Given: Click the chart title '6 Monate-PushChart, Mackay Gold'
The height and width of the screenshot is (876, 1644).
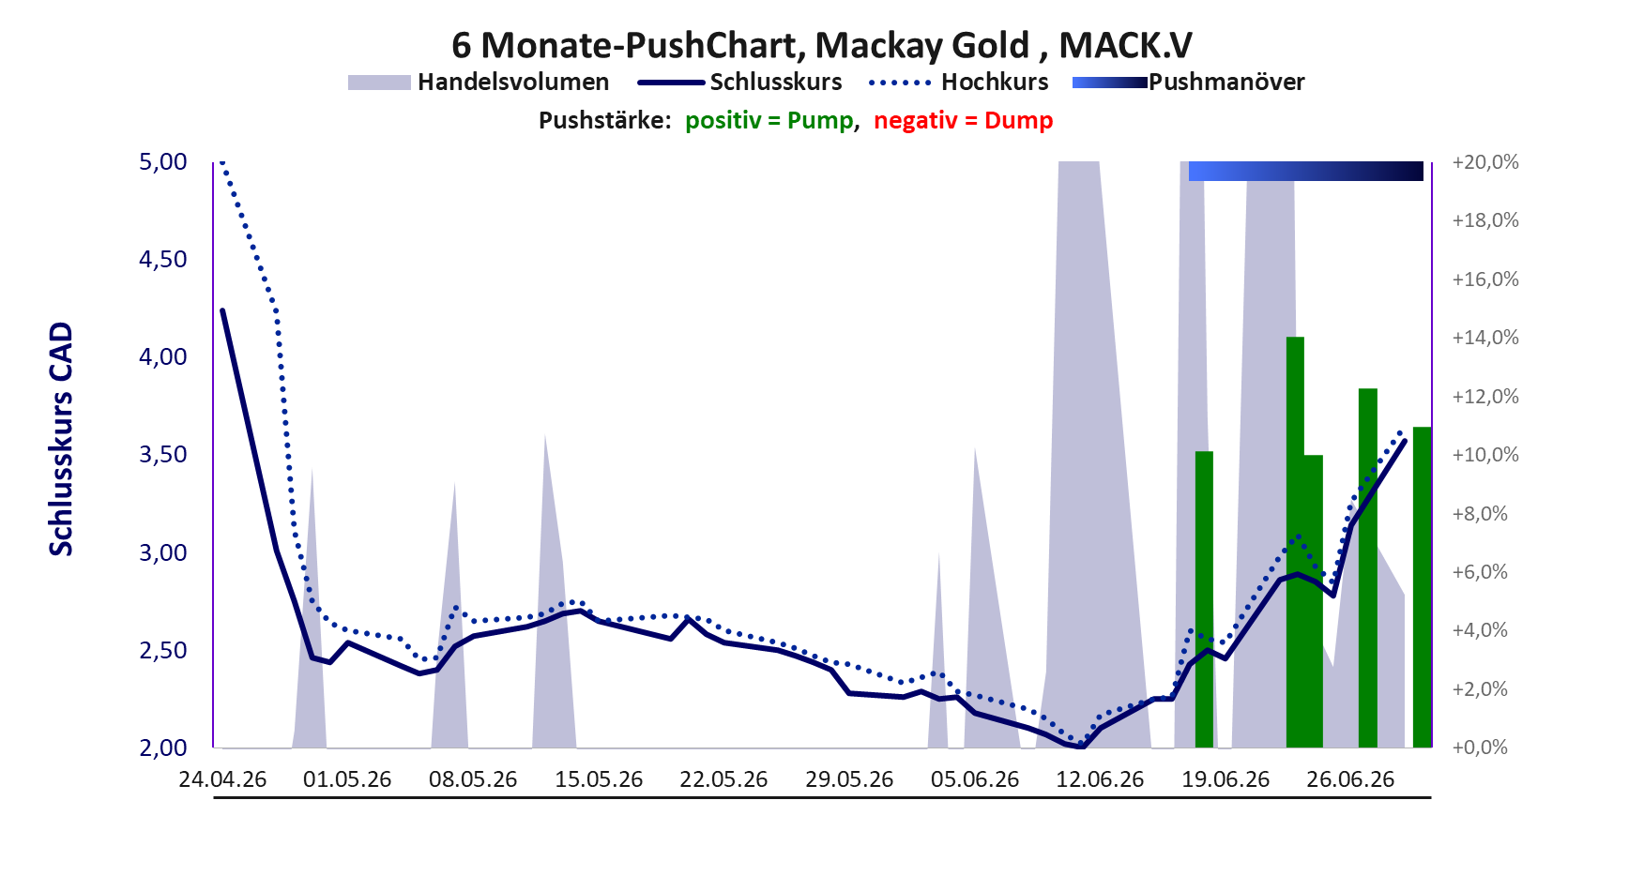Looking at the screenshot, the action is [740, 45].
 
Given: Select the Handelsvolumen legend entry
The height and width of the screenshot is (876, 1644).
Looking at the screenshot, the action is [479, 83].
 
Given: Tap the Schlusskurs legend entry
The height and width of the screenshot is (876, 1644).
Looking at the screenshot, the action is [739, 83].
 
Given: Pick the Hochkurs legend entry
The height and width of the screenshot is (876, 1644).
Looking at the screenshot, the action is [959, 83].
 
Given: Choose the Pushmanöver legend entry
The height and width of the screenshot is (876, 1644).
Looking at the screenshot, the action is [1188, 83].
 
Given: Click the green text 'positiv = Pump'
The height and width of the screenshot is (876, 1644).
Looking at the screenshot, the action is [769, 121].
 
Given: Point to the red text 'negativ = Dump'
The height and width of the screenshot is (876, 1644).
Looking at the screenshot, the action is [964, 121].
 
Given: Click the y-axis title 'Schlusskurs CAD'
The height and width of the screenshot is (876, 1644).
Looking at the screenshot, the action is [61, 439].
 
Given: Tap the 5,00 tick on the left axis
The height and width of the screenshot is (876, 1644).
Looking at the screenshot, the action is [163, 162].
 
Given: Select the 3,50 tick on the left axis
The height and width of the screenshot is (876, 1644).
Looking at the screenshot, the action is [163, 455].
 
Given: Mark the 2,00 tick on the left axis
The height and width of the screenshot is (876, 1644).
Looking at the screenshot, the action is [163, 748].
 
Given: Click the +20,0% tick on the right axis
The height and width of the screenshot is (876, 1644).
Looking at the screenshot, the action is [1485, 162].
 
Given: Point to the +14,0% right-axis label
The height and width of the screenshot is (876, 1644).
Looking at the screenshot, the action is [1485, 338].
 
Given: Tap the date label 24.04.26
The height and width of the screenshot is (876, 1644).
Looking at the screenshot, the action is [223, 779].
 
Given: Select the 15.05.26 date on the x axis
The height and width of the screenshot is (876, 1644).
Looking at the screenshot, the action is [599, 779].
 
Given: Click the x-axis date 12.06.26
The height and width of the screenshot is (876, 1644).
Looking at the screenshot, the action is [1100, 779].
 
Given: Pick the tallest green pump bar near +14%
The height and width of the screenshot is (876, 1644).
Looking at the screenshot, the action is [1295, 542].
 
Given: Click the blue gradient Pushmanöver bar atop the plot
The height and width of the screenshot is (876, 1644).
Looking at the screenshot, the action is [1306, 171].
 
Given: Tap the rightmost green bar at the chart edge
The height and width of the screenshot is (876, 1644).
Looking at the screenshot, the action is [1423, 587].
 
